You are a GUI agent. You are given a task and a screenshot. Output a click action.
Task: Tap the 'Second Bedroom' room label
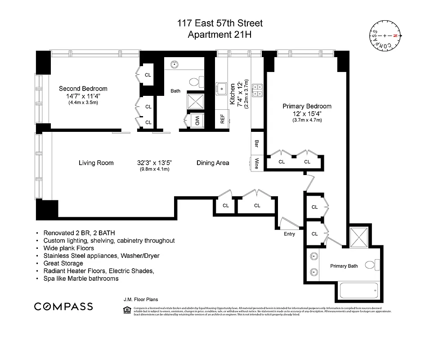point(83,89)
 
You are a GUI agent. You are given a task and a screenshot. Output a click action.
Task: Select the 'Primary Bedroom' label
point(307,106)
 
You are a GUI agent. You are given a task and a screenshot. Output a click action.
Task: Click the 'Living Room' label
point(96,163)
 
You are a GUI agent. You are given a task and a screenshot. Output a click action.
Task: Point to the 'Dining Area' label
point(213,163)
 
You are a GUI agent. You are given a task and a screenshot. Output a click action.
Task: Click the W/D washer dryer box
point(197,121)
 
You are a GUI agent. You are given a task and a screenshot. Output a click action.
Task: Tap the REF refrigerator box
point(222,119)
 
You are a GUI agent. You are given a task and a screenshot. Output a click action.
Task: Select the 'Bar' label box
point(256,144)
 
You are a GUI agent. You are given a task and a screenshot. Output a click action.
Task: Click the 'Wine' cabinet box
point(256,162)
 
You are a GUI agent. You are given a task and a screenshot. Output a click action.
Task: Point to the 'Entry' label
point(290,234)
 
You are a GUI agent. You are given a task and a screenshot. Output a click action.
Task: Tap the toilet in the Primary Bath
point(372,265)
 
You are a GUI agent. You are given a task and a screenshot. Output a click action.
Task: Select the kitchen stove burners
point(257,90)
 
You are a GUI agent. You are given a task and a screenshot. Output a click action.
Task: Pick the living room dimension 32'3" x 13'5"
point(154,163)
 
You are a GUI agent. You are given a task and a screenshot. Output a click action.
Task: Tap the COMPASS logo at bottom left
point(63,306)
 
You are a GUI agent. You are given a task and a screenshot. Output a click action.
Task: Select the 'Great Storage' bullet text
point(63,263)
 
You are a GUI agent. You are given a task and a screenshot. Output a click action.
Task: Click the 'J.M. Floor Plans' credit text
point(140,299)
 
